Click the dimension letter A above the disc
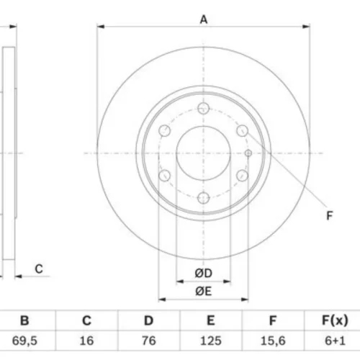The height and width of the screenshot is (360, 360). pos(204,19)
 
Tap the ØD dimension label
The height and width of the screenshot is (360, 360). pos(204,273)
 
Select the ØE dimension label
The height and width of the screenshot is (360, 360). pos(204,292)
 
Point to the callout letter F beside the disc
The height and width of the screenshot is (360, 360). pos(330,215)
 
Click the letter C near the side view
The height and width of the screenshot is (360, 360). pos(39,269)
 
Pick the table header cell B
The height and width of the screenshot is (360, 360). pos(24,320)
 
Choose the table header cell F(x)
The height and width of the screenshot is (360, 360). pos(335,320)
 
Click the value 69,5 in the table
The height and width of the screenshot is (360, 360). pos(24,341)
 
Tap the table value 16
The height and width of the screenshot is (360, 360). pos(86,341)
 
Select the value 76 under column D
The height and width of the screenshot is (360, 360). pos(149,341)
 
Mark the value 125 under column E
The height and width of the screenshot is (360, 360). pos(211,341)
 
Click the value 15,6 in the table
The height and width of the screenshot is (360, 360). pos(273,341)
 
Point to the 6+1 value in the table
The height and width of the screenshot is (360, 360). pos(335,341)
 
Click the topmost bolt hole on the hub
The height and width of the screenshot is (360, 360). pos(204,108)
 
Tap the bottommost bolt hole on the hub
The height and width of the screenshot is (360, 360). pos(204,198)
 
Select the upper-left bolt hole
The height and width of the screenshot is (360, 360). pos(165,131)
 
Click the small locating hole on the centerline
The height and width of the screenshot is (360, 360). pos(248,153)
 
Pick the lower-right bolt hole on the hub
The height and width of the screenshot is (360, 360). pos(243,176)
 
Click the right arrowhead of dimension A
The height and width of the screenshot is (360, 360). pos(306,27)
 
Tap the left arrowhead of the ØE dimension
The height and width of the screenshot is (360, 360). pos(162,300)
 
